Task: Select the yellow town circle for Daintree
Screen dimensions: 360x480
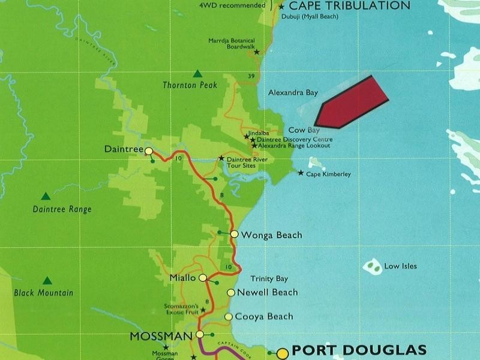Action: tap(148, 151)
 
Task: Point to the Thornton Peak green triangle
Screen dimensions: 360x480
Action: tap(197, 74)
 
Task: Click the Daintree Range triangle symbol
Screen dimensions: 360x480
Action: tap(46, 196)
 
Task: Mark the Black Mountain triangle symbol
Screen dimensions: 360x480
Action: tap(47, 280)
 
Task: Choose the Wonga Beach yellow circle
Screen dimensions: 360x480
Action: tap(235, 234)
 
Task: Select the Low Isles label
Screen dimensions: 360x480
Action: tap(400, 266)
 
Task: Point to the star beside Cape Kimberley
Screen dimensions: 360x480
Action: tap(301, 173)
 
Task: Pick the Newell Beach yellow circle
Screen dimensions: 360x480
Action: tap(231, 292)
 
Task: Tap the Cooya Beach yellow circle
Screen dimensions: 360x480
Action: tap(228, 316)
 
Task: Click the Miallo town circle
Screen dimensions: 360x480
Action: tap(203, 278)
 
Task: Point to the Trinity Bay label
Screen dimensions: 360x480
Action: tap(269, 278)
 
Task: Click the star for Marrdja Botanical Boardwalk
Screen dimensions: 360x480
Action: tap(257, 52)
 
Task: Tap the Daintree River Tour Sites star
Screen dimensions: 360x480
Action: tap(221, 158)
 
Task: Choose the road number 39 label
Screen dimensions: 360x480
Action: tap(251, 75)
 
